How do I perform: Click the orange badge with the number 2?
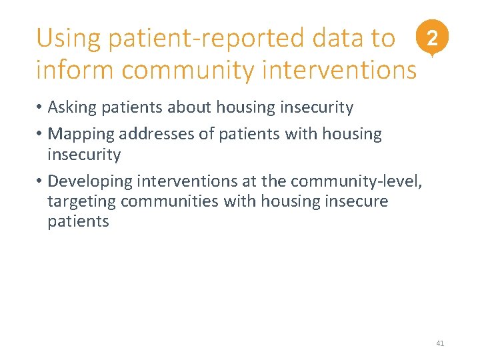pos(433,39)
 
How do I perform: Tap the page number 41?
pos(439,343)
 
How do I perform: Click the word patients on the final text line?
pos(78,221)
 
